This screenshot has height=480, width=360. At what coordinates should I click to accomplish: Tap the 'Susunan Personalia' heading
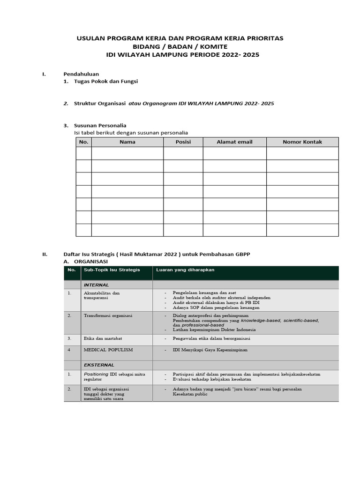[x=100, y=125]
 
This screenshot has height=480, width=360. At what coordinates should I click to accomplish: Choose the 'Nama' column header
[x=127, y=142]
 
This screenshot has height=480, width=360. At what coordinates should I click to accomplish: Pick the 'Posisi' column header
[x=183, y=142]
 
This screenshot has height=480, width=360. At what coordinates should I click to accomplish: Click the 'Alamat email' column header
[x=234, y=142]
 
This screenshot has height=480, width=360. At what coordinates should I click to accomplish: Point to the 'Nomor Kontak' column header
[x=302, y=142]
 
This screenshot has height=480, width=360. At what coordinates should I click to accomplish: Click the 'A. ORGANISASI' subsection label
[x=85, y=261]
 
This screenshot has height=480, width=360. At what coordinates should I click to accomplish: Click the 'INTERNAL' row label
[x=96, y=285]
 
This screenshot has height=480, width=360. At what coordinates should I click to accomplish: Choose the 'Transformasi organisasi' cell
[x=108, y=315]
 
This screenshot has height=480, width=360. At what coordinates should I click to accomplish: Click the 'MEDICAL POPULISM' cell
[x=108, y=350]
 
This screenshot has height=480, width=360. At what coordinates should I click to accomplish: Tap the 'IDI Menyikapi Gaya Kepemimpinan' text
[x=210, y=350]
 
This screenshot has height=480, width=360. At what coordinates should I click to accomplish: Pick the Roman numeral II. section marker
[x=45, y=254]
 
